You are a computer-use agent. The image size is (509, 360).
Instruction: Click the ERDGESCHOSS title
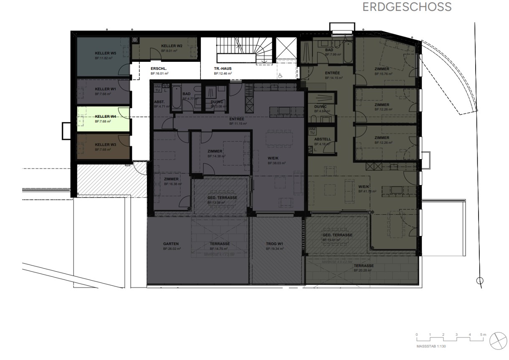407,7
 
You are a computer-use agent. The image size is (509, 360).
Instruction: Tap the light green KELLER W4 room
103,119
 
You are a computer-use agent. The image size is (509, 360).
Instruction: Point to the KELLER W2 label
172,46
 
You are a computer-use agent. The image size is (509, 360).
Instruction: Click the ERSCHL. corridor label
159,68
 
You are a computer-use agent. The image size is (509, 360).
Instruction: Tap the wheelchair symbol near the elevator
281,75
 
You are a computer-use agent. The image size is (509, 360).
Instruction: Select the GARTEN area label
171,243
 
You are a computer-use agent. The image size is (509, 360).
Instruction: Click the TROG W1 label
275,243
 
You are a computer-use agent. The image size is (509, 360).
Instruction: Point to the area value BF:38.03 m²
276,163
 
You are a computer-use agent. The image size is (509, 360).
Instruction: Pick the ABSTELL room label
322,139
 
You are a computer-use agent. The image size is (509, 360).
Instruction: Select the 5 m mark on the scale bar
483,335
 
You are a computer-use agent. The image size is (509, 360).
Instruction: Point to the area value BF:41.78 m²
367,191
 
